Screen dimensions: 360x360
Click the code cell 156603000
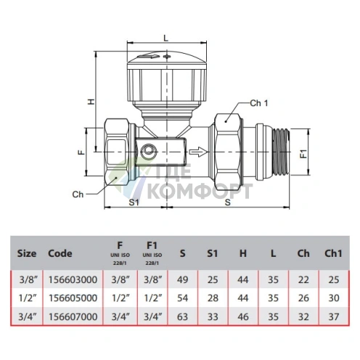(x=73, y=279)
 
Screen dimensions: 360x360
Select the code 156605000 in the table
(x=73, y=298)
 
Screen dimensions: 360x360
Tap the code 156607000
(x=73, y=316)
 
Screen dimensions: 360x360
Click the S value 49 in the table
(x=182, y=279)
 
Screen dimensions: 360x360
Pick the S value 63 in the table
(x=182, y=316)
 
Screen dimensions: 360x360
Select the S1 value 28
(x=213, y=298)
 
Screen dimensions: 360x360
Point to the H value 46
(x=243, y=316)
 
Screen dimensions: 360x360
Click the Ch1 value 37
(x=334, y=316)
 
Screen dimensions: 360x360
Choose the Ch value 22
(x=303, y=279)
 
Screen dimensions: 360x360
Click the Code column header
(x=60, y=253)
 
